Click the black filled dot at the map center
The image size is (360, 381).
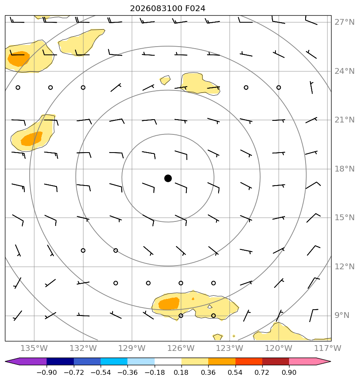point(168,179)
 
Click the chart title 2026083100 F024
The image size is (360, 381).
point(167,9)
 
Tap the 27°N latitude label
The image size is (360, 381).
point(344,22)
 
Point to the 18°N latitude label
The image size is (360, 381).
point(344,169)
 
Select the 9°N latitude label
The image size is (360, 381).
point(342,315)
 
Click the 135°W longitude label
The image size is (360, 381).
point(34,348)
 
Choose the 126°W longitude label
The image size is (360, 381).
point(181,348)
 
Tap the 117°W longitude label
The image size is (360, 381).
point(328,348)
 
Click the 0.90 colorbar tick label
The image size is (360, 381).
point(289,372)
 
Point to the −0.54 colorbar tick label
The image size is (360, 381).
point(100,372)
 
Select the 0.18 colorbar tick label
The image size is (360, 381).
point(181,372)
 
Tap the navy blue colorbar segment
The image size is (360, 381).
point(60,361)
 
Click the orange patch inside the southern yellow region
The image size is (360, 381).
point(169,303)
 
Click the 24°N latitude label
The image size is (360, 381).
point(344,71)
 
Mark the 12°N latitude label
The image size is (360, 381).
point(344,266)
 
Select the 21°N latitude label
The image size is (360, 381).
point(344,120)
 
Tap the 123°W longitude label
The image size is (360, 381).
point(230,348)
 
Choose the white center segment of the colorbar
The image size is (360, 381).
point(168,361)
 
